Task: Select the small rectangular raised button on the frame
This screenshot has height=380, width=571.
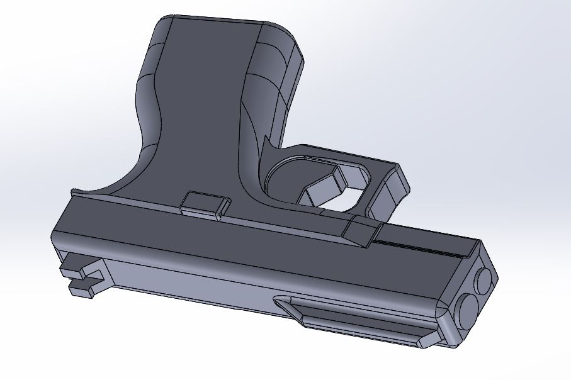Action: click(203, 203)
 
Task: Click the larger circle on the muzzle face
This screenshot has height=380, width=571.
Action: click(468, 310)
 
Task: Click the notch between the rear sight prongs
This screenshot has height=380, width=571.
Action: click(94, 277)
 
